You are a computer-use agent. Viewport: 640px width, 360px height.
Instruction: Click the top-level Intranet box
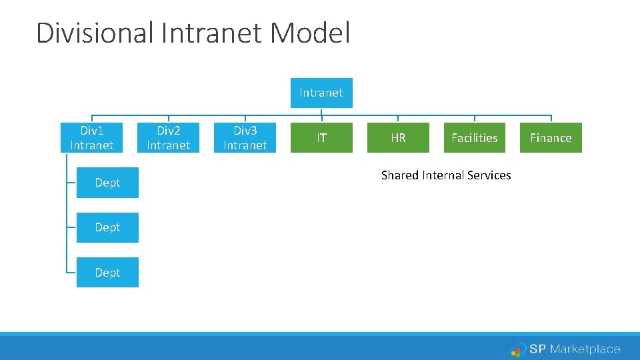tap(321, 93)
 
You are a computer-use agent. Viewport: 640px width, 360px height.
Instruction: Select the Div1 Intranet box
tap(91, 137)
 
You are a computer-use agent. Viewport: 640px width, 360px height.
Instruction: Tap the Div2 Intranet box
tap(168, 137)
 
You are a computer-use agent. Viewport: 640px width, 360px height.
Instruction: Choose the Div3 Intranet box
tap(245, 137)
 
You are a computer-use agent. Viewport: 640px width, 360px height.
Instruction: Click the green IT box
tap(321, 137)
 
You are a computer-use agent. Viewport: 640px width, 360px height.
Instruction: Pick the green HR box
tap(398, 137)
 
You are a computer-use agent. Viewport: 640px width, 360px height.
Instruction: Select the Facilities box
tap(474, 137)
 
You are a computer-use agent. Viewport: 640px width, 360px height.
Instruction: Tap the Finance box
tap(551, 137)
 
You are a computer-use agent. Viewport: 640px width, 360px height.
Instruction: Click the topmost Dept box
tap(107, 183)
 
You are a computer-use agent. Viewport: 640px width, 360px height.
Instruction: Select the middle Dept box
tap(107, 227)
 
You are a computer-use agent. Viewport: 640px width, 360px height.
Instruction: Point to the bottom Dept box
tap(107, 272)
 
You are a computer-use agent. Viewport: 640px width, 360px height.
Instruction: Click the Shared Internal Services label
tap(446, 175)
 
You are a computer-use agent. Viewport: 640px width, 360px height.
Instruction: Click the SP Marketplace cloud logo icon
tap(515, 349)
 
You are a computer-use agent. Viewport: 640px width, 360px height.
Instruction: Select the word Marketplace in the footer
tap(585, 349)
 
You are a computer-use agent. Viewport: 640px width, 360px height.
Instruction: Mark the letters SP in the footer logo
tap(537, 349)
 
